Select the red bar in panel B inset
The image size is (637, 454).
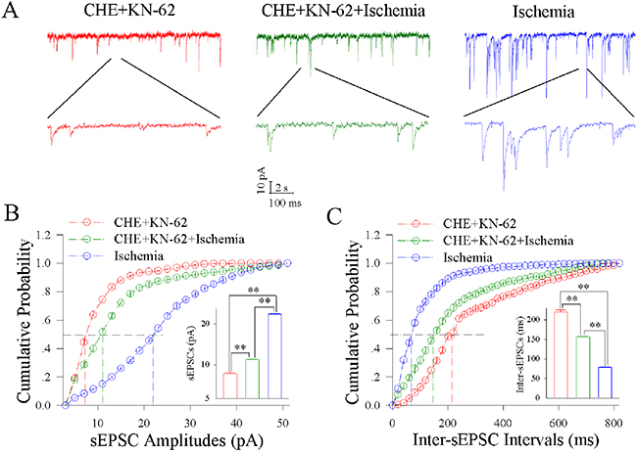click(x=231, y=386)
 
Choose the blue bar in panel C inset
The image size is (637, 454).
click(x=606, y=383)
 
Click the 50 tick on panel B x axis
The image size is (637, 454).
click(x=284, y=421)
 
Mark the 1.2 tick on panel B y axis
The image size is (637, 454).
click(x=45, y=235)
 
